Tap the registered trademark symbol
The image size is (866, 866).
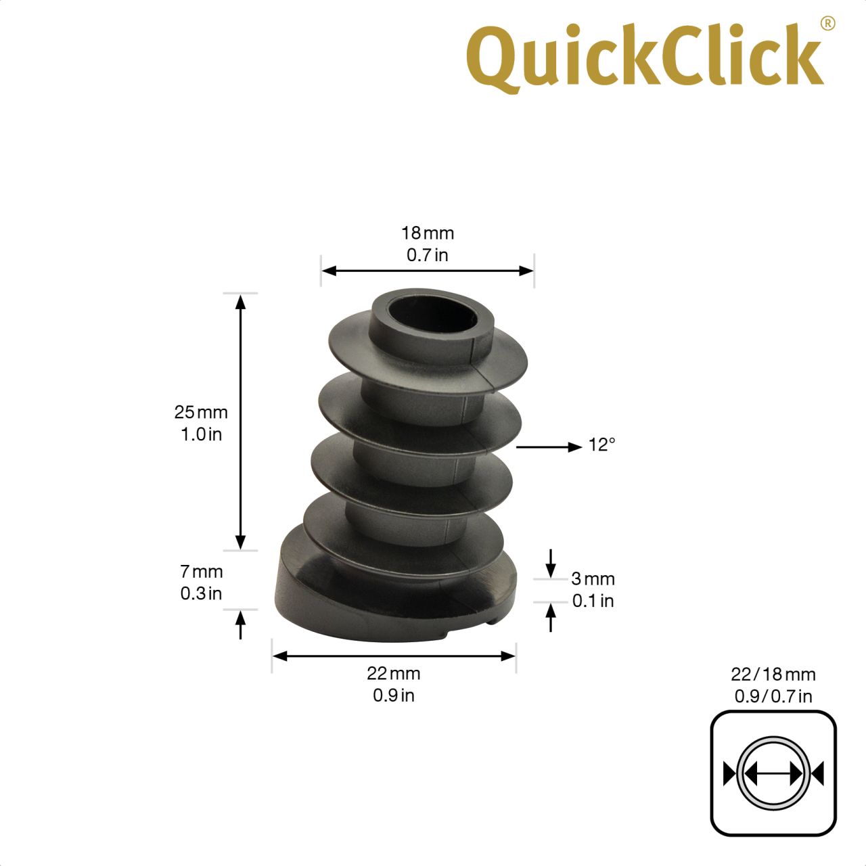828,24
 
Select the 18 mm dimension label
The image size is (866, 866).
428,233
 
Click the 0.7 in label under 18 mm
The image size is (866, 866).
428,255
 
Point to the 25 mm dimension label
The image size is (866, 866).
201,412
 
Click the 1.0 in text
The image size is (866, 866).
201,434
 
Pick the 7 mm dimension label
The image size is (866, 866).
202,572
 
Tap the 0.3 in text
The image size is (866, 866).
201,593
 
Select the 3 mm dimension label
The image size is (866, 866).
593,579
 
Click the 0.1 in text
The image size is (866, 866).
593,601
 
